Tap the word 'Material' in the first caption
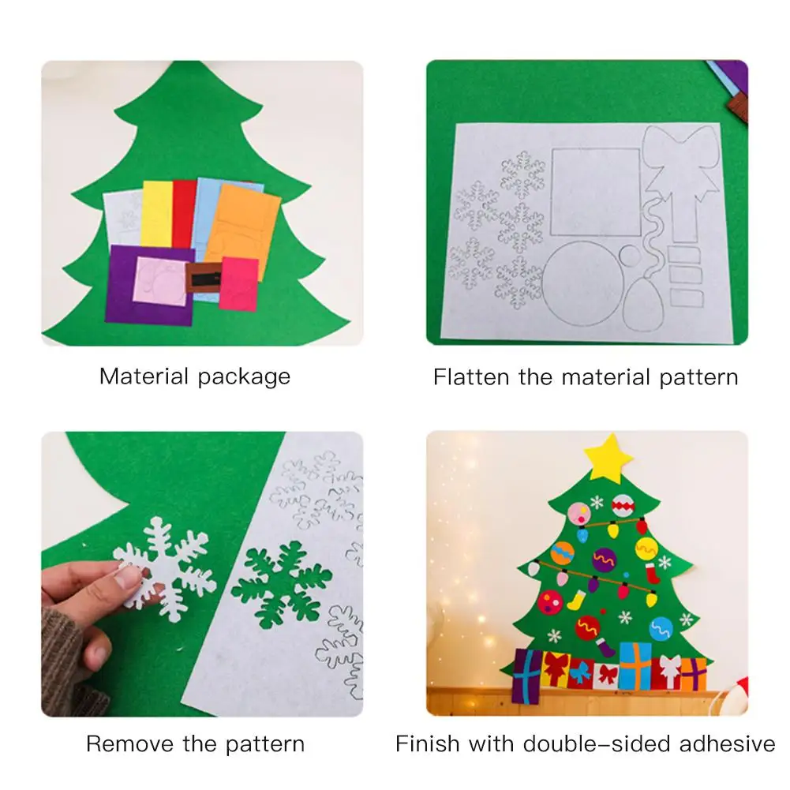point(144,376)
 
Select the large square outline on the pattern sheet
point(596,192)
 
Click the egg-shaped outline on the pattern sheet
point(643,305)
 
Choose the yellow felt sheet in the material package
point(157,214)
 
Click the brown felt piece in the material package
point(204,278)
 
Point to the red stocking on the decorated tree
point(653,573)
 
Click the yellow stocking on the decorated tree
point(575,600)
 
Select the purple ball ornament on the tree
point(604,560)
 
